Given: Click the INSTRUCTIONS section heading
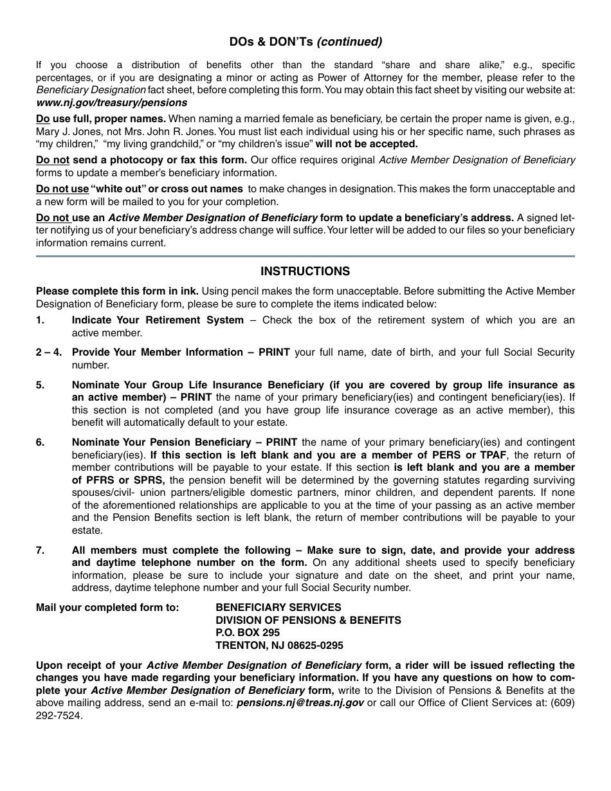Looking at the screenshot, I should [x=305, y=271].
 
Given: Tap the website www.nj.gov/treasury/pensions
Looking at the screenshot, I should [x=111, y=102].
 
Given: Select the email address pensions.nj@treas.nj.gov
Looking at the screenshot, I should [x=300, y=703].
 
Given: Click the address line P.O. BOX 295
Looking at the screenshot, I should [x=248, y=633].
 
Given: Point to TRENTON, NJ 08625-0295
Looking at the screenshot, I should [x=279, y=646].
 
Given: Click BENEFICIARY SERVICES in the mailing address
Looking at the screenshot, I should [x=278, y=607].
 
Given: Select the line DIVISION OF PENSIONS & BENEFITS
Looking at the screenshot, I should [x=308, y=620].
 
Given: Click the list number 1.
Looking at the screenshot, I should [x=40, y=320].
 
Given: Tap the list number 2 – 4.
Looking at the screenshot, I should [x=49, y=352].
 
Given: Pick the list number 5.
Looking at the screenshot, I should [x=40, y=385].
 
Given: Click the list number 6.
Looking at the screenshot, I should [x=40, y=442].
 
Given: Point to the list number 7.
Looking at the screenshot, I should [x=40, y=550].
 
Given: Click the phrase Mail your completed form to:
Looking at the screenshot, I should [x=107, y=607].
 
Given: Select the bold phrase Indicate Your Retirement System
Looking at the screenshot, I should [x=158, y=320].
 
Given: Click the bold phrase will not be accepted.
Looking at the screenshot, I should [x=367, y=144].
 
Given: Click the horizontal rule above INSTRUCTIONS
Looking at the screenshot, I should [x=305, y=256].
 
